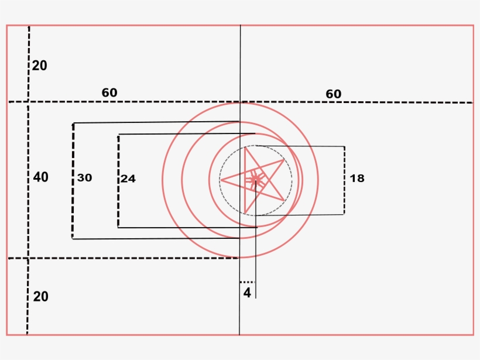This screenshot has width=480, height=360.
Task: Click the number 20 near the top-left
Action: pyautogui.click(x=39, y=66)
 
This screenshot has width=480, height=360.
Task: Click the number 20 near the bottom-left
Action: pyautogui.click(x=41, y=297)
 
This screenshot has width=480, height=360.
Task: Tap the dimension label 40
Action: pyautogui.click(x=41, y=177)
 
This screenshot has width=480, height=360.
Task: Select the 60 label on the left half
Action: pyautogui.click(x=109, y=92)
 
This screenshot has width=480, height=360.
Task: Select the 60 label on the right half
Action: pyautogui.click(x=334, y=94)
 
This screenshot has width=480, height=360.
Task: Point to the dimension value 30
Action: pyautogui.click(x=84, y=178)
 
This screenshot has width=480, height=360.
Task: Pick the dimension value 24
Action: pyautogui.click(x=128, y=179)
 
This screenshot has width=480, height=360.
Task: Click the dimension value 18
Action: pyautogui.click(x=357, y=178)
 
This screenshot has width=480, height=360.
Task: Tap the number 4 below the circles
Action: pyautogui.click(x=247, y=293)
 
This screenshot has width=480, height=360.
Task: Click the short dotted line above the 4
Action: pyautogui.click(x=248, y=282)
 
